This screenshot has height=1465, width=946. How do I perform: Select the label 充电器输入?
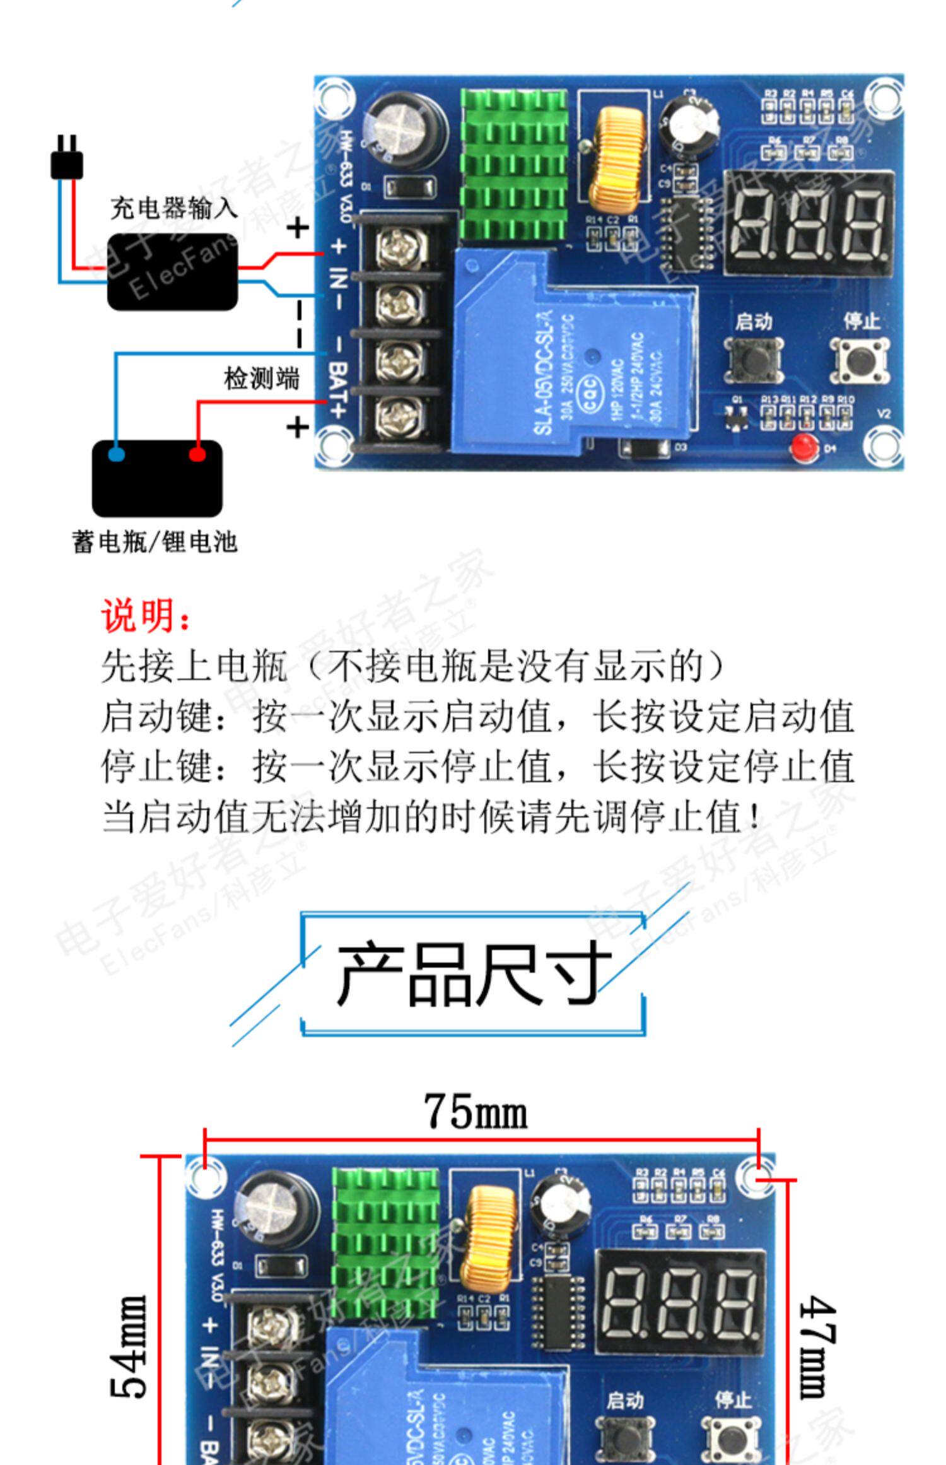pos(173,208)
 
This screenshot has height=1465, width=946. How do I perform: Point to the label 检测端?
pos(261,379)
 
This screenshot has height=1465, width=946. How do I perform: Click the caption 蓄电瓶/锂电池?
pos(155,542)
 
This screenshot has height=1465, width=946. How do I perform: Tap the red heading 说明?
pos(146,615)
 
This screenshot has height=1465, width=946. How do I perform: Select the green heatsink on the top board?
pos(513,164)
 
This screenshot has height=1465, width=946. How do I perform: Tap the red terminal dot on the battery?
pos(197,454)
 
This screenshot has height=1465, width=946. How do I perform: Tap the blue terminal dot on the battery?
pos(116,454)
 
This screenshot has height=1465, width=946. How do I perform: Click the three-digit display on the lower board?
pos(680,1301)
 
